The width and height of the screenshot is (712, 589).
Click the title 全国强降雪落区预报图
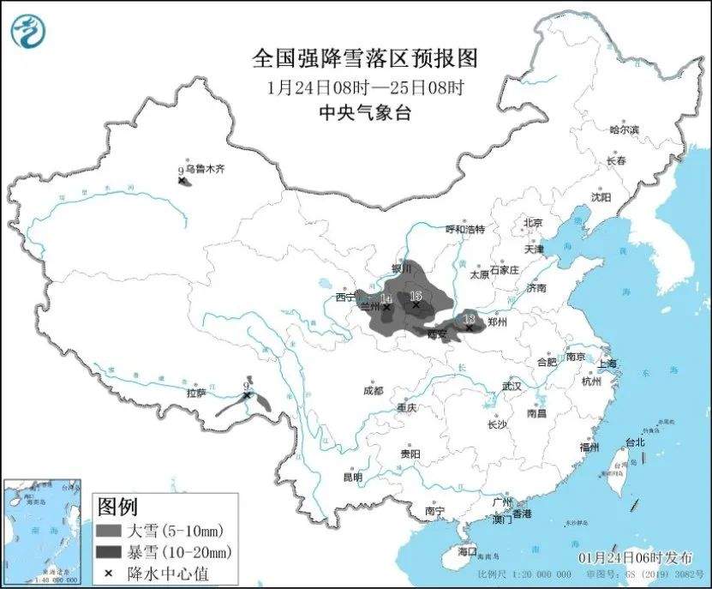point(364,58)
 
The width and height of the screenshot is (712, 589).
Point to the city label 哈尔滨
point(624,130)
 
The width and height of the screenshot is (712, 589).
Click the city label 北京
point(533,223)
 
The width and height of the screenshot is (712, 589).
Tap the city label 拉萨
point(196,394)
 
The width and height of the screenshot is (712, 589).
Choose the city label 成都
point(373,390)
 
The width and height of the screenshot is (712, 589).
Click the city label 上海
point(607,364)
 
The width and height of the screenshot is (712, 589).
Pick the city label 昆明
point(352,477)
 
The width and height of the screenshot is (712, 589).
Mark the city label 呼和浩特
point(465,230)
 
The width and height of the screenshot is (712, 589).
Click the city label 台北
point(634,443)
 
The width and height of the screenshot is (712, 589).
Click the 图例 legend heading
point(117,507)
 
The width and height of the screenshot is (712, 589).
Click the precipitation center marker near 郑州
point(469,327)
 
